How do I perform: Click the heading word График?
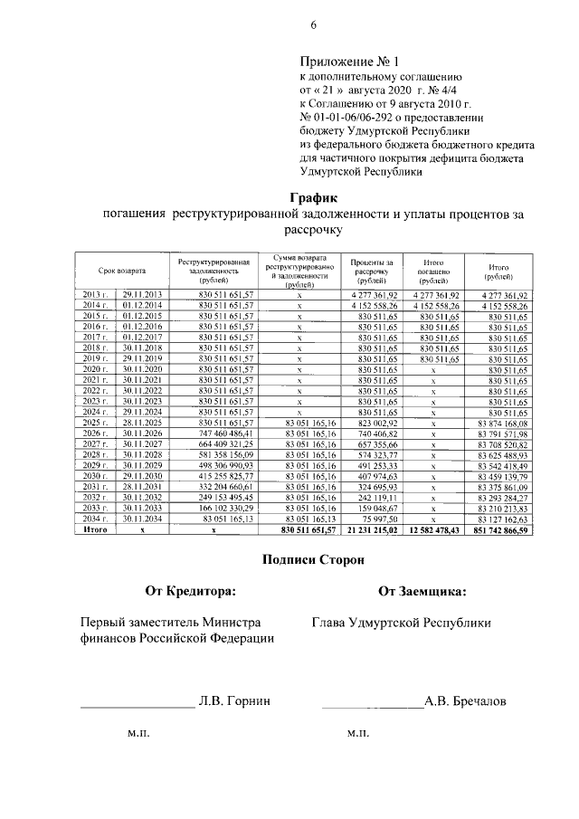[313, 197]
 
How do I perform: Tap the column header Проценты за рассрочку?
[371, 269]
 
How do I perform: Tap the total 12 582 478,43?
[432, 541]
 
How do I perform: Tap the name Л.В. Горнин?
[234, 701]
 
